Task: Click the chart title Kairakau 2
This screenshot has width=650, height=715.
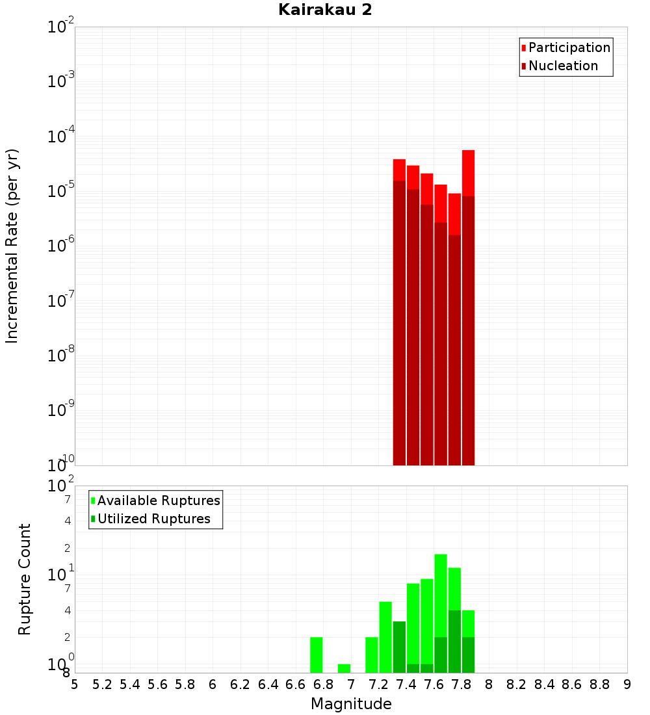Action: [x=325, y=10]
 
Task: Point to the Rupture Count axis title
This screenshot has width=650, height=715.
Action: [x=25, y=578]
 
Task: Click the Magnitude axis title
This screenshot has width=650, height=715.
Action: [x=351, y=704]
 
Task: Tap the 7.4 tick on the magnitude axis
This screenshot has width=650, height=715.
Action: [x=406, y=684]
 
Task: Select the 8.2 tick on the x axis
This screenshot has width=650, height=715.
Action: [x=517, y=684]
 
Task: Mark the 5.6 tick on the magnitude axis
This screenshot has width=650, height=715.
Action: [x=157, y=684]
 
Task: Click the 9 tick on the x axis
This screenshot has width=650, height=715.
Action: [x=627, y=684]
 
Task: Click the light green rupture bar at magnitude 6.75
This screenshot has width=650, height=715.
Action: [x=317, y=655]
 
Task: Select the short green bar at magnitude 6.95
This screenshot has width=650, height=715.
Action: [x=344, y=668]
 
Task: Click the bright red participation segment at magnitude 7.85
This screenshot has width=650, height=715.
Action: [x=469, y=172]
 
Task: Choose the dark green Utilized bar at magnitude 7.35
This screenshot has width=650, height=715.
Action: [x=399, y=647]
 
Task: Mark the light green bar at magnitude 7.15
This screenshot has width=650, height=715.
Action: [x=372, y=655]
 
